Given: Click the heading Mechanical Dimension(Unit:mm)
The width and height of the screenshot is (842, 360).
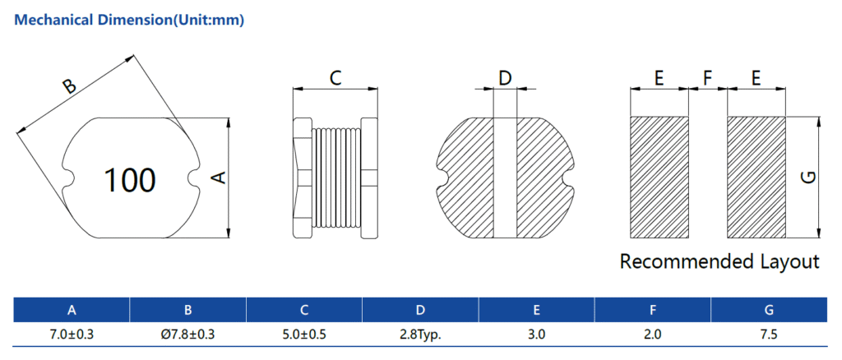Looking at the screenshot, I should (130, 21).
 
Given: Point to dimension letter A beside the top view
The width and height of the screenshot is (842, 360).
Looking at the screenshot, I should (219, 178).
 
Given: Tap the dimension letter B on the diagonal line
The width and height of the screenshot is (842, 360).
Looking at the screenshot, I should (70, 87).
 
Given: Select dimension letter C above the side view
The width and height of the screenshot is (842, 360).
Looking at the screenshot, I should (335, 79).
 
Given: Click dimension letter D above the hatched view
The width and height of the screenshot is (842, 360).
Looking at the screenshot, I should (505, 78).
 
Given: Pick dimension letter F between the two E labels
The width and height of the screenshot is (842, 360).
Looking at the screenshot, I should (707, 78).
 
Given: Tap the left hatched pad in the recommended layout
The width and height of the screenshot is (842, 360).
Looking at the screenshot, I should (659, 176).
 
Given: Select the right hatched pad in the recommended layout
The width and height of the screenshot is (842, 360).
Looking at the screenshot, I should (756, 176).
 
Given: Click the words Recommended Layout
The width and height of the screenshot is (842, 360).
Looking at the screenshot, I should (719, 262).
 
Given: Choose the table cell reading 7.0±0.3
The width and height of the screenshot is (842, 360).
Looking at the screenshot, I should (72, 335).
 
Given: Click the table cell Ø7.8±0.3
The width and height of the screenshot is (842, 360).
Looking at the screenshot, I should (187, 335).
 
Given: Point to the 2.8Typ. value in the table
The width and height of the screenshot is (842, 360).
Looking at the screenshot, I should (419, 335).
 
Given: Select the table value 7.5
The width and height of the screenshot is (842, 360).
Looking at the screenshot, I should (768, 335).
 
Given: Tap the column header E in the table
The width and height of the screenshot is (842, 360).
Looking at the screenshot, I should (536, 310).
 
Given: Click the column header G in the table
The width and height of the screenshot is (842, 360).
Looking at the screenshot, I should (768, 310).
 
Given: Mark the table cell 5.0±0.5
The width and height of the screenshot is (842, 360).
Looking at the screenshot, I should (303, 335).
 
